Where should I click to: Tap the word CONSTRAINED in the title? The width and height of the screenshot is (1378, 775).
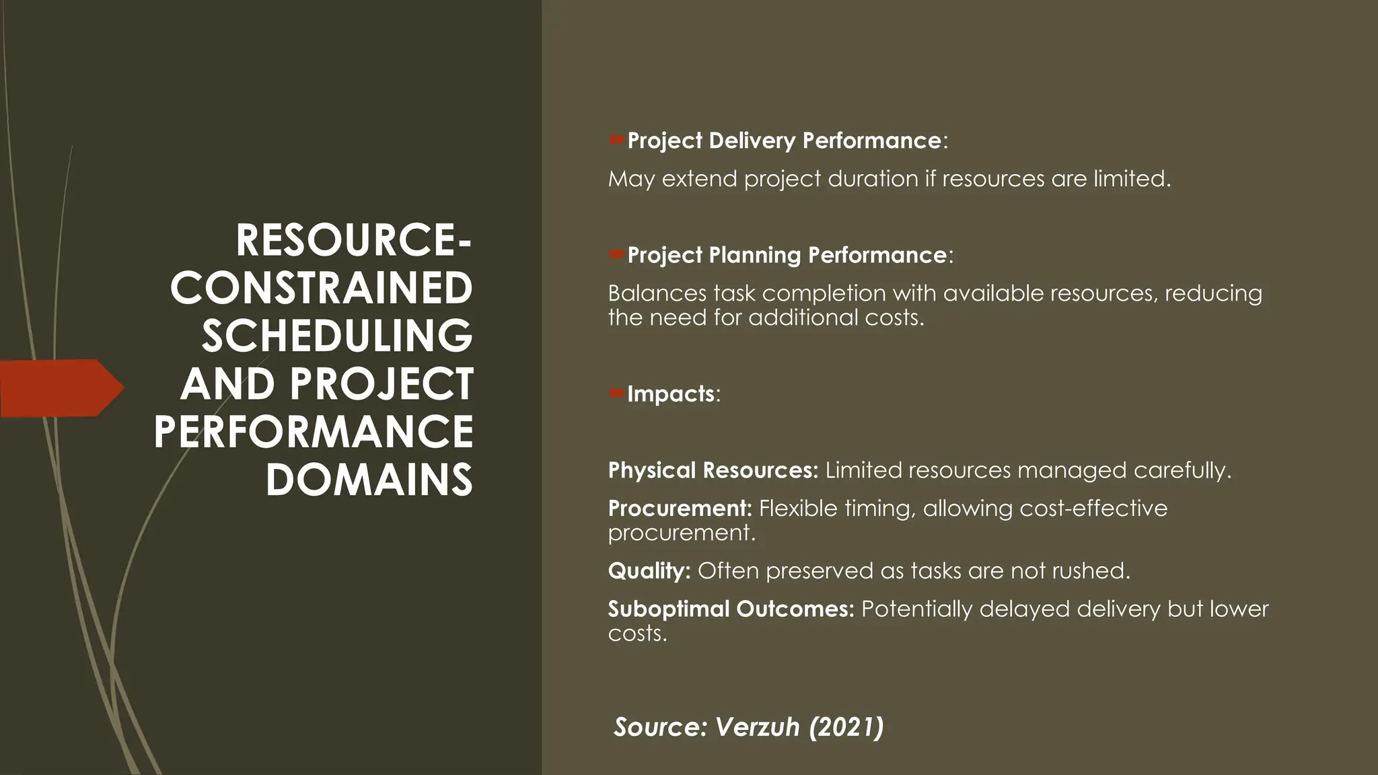point(322,289)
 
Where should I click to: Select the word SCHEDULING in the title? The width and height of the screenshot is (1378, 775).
point(337,336)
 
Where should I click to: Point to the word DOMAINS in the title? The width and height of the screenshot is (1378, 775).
point(369,480)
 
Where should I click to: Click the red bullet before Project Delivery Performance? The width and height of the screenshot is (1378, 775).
point(616,140)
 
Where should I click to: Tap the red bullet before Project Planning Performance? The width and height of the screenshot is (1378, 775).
point(616,254)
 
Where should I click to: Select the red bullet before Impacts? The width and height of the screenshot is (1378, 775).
point(616,393)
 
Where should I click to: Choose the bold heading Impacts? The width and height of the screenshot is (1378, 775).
point(670,394)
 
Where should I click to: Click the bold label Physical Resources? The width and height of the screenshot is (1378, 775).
point(713,470)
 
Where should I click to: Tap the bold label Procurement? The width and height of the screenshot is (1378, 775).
point(680,508)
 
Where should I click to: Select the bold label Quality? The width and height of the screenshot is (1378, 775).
point(649,571)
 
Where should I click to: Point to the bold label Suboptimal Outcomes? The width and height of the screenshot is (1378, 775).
point(731,609)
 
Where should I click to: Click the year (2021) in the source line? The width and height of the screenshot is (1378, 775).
point(846,727)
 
